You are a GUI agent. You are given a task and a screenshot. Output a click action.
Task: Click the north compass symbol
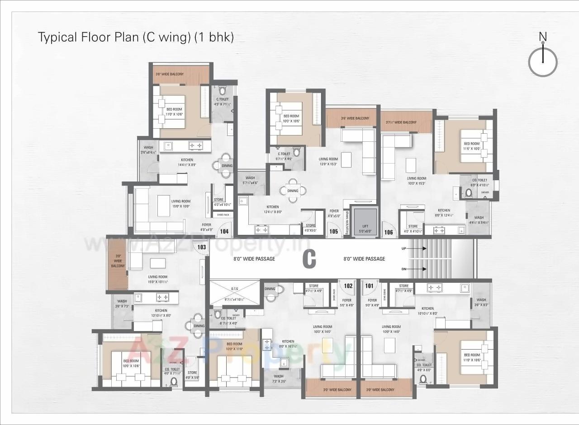(543, 61)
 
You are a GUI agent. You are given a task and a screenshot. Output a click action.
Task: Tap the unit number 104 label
(224, 231)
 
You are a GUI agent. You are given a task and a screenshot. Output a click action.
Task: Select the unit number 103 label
(202, 247)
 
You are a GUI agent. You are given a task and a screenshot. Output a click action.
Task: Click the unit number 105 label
(334, 231)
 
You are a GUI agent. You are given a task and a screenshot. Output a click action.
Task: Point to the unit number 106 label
(389, 232)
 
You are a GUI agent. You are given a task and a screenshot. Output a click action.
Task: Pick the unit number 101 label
(370, 285)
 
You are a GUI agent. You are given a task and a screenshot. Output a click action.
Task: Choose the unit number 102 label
(348, 285)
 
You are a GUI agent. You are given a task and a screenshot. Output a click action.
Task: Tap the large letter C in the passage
(309, 259)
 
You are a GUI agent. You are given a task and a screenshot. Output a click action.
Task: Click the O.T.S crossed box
(234, 293)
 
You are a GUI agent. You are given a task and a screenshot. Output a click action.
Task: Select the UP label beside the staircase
(403, 249)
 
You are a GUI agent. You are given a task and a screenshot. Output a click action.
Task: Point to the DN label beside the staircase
(403, 269)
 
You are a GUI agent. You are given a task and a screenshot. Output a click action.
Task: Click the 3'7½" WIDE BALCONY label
(401, 122)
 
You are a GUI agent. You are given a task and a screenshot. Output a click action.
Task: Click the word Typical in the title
(57, 37)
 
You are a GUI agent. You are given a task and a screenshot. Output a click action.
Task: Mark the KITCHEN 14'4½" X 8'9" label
(187, 162)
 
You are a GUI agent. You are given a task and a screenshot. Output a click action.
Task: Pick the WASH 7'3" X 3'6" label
(279, 378)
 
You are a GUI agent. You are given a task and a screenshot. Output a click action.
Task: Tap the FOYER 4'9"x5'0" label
(334, 213)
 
